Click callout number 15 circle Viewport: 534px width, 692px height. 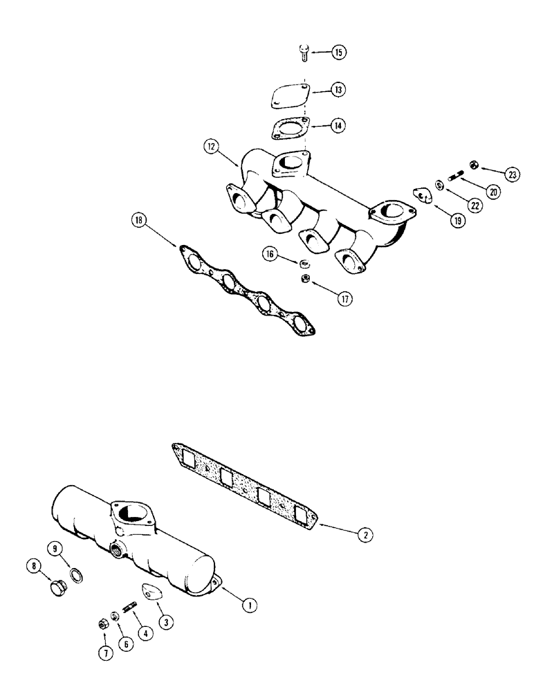338,53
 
